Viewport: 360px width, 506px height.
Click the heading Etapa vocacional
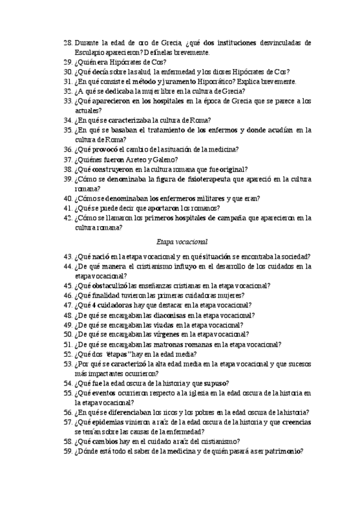[181, 242]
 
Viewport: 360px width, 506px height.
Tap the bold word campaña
[233, 218]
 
